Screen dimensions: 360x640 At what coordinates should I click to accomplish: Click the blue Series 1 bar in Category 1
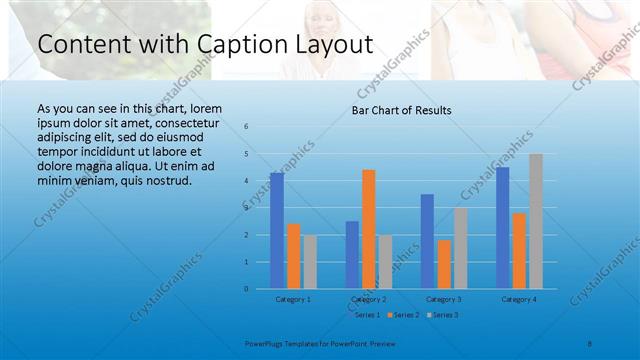coord(277,231)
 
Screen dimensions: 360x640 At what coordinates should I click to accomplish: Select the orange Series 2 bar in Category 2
coord(369,229)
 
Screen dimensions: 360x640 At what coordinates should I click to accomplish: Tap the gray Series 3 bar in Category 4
coord(536,221)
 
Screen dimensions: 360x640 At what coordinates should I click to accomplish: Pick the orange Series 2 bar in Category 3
coord(444,264)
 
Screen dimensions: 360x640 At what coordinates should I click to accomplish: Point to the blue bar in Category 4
coord(503,228)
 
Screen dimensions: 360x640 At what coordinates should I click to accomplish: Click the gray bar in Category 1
coord(310,262)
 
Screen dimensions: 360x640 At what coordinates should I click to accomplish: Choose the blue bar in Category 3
coord(427,241)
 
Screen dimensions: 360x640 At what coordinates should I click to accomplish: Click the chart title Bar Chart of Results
coord(401,110)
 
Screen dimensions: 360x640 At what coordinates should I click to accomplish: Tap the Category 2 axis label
coord(368,299)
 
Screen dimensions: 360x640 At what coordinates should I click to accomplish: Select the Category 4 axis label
coord(519,299)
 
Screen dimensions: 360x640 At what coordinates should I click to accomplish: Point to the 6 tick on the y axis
coord(246,127)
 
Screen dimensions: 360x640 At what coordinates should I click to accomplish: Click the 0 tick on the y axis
coord(246,289)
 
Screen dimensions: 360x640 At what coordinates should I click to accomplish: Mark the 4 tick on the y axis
coord(246,181)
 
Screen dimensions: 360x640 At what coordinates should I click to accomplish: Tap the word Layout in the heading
coord(330,45)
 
